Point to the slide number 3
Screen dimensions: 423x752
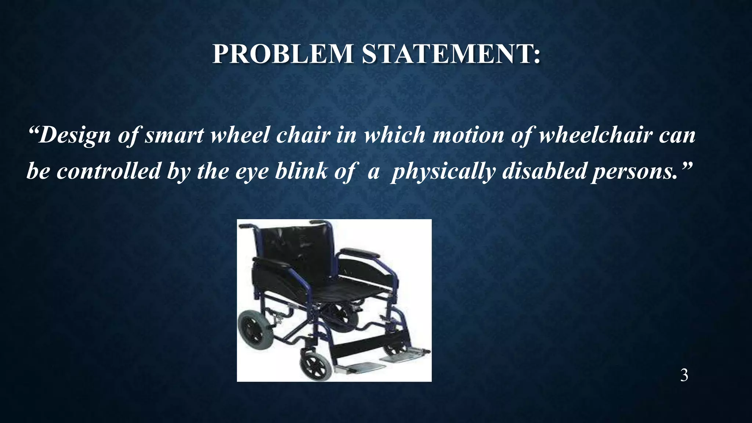pos(684,376)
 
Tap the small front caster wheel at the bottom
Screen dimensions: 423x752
pos(316,364)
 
